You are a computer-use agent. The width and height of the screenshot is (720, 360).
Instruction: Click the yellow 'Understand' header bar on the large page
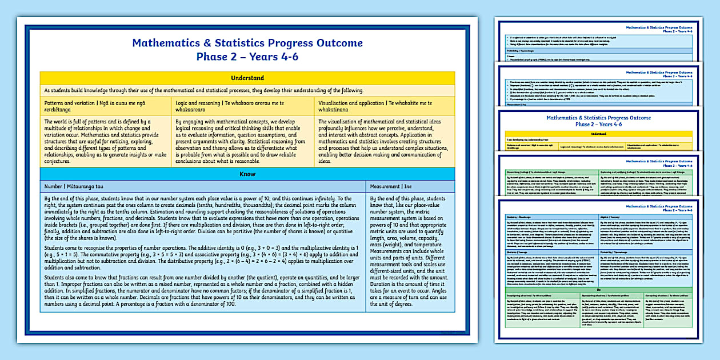247,78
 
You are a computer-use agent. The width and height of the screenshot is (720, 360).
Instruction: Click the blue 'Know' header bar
247,174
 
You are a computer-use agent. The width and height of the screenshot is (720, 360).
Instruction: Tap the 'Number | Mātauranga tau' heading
74,186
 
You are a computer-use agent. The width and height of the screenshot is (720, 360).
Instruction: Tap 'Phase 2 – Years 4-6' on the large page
247,57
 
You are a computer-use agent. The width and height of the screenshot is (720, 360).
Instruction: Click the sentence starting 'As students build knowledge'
203,90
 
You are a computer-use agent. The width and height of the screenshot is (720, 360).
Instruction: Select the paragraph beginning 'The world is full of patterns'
106,141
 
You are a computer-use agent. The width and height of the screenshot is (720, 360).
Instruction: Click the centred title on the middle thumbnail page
599,121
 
